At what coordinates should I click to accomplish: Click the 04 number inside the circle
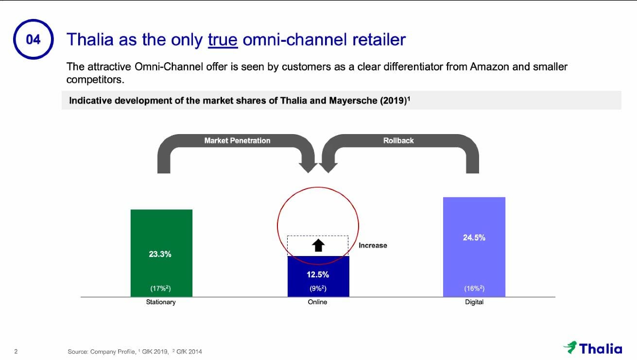click(x=33, y=39)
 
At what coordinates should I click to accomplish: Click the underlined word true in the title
click(x=223, y=39)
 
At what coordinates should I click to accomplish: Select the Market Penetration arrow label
click(x=237, y=140)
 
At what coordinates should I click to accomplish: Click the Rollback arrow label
click(x=398, y=140)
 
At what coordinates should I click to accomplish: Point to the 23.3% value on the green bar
click(x=160, y=254)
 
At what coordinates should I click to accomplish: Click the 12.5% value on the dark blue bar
click(x=318, y=274)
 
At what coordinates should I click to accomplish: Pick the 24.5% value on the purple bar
click(x=474, y=238)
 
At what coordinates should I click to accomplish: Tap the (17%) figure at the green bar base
click(x=160, y=289)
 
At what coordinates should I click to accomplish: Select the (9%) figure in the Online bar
click(x=318, y=289)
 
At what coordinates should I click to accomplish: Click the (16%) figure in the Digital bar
click(x=474, y=289)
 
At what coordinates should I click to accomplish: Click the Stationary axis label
click(x=161, y=302)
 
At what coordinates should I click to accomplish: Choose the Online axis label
click(x=317, y=302)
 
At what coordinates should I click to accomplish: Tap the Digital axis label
click(x=474, y=302)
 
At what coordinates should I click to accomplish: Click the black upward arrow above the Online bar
click(x=318, y=245)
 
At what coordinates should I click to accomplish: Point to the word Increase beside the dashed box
click(x=373, y=245)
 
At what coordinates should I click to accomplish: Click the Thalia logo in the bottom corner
click(x=593, y=348)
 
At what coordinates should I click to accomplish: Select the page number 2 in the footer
click(x=16, y=351)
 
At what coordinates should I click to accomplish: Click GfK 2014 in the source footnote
click(x=189, y=352)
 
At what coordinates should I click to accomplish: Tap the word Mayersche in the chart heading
click(x=353, y=101)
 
